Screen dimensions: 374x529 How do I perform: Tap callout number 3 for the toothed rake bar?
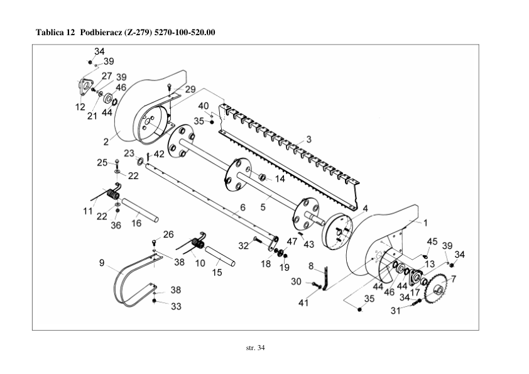(308, 138)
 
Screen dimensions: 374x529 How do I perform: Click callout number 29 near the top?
(190, 90)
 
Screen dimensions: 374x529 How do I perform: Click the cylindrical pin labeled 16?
(139, 210)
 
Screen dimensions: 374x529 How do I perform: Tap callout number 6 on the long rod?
(242, 207)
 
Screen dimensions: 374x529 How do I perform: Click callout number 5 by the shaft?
(263, 206)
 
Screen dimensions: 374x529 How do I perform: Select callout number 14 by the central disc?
(280, 179)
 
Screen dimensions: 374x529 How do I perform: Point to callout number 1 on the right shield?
(425, 222)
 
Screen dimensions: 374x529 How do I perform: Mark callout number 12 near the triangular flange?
(80, 107)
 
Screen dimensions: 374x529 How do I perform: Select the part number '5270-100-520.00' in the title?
(185, 32)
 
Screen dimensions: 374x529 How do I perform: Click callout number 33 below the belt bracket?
(177, 306)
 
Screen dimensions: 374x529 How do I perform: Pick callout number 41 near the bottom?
(303, 303)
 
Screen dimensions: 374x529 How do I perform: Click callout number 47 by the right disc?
(292, 241)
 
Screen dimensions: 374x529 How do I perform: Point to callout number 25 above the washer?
(102, 163)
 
